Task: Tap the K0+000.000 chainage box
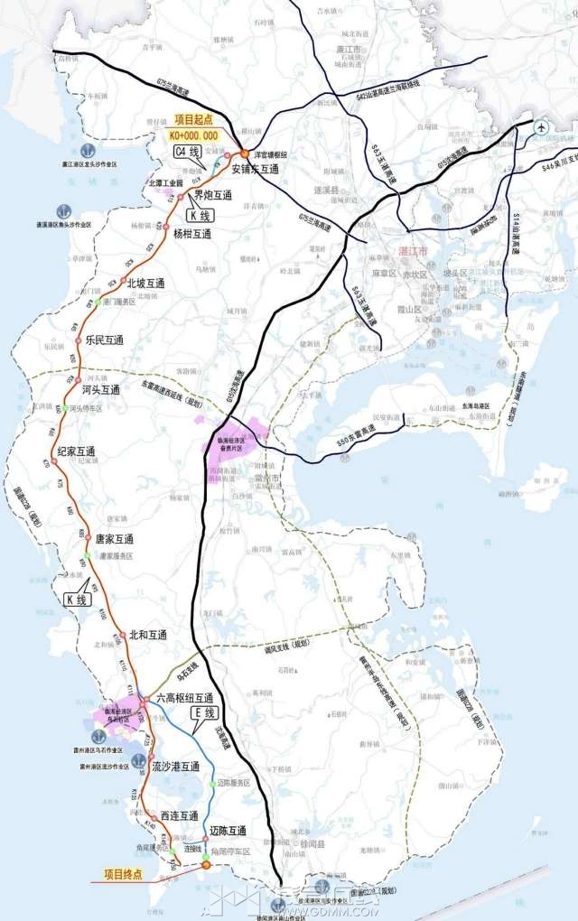click(x=193, y=135)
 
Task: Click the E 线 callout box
click(x=206, y=713)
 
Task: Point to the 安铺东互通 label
click(x=256, y=168)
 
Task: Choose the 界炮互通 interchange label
click(x=212, y=195)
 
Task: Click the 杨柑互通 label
click(x=191, y=234)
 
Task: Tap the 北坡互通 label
click(x=145, y=283)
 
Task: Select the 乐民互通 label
click(x=104, y=340)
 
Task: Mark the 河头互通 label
click(x=100, y=390)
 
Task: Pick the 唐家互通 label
click(x=115, y=539)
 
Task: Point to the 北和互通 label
click(x=148, y=635)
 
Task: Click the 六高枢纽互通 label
click(x=184, y=698)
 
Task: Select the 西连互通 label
click(x=179, y=815)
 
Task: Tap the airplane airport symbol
click(x=541, y=127)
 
